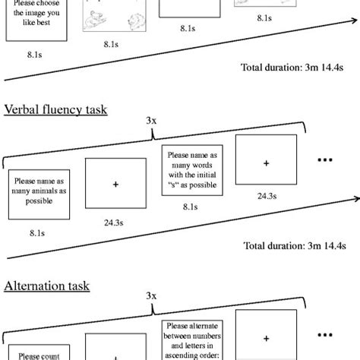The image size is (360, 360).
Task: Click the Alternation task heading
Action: (x=47, y=286)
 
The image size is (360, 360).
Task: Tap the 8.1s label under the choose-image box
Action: (x=34, y=55)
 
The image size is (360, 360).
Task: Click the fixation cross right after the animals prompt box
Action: (x=115, y=184)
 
